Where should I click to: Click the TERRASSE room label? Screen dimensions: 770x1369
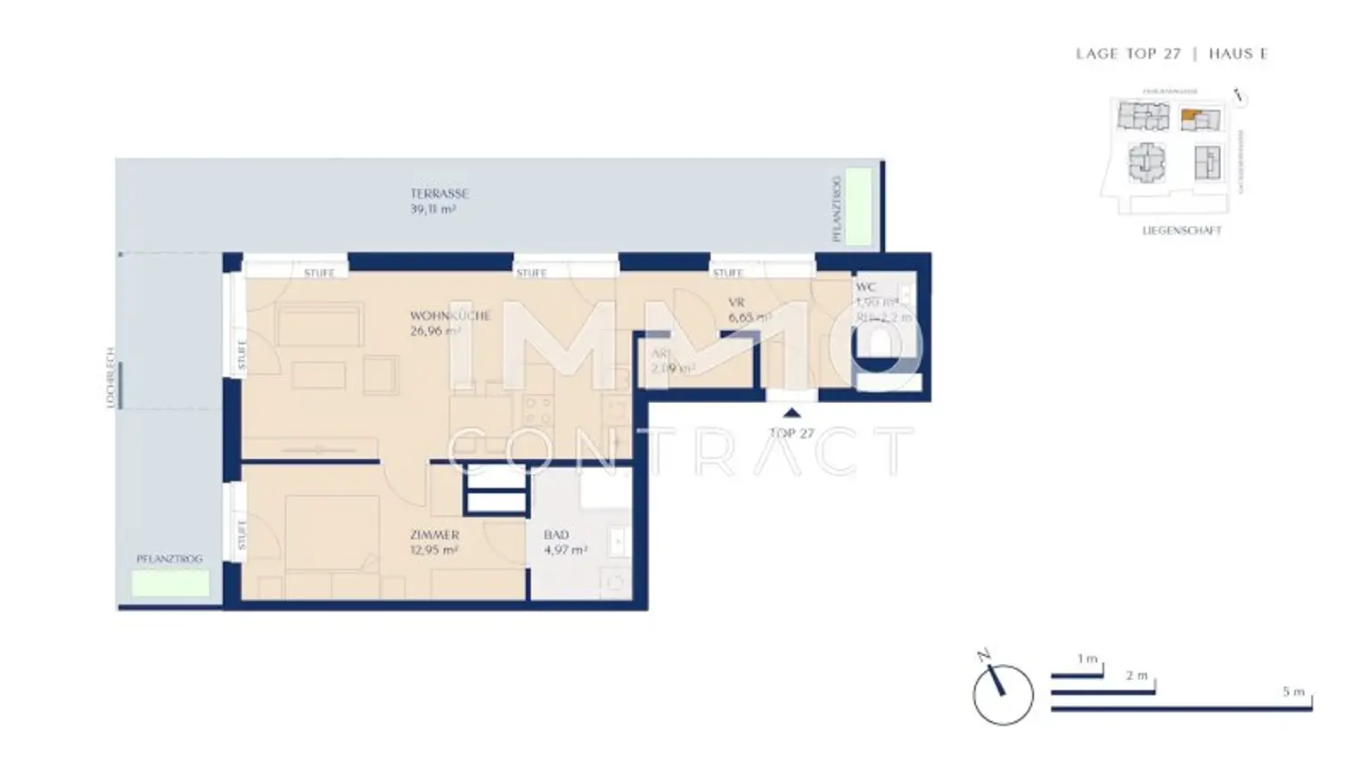coord(439,193)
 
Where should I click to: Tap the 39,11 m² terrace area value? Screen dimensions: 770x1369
coord(433,209)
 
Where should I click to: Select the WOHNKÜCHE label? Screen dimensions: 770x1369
coord(450,315)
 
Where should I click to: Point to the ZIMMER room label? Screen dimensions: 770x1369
coord(434,535)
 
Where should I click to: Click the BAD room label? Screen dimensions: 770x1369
coord(556,535)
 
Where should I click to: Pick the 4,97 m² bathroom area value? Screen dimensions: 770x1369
coord(565,550)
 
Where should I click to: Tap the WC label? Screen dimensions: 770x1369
coord(865,287)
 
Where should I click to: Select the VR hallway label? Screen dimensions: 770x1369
coord(735,303)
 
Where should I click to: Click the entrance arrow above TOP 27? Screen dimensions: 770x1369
coord(791,413)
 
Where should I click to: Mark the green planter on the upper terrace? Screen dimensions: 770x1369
coord(858,206)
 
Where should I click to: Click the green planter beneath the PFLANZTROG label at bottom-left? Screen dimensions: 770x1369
coord(170,583)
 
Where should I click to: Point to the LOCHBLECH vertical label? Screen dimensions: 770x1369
coord(111,378)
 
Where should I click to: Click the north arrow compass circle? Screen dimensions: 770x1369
coord(1003,694)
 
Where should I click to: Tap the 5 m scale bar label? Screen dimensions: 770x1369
coord(1293,692)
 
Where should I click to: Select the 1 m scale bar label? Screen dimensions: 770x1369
coord(1086,659)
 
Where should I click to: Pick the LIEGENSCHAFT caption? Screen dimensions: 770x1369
coord(1182,231)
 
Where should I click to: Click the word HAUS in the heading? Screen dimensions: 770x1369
coord(1229,53)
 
